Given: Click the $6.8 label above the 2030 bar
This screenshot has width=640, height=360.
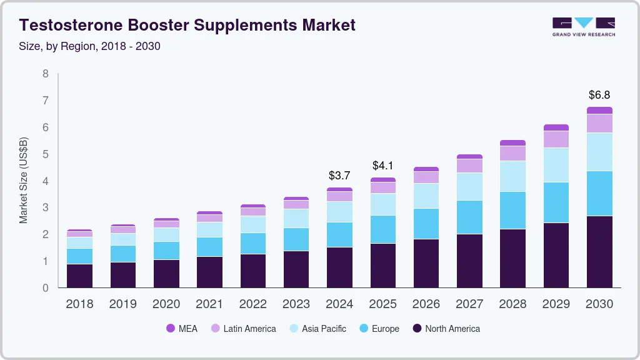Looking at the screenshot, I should [599, 95].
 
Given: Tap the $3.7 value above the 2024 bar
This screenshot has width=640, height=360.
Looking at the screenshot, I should [339, 176].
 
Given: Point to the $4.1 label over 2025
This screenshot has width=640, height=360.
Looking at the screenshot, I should [382, 166].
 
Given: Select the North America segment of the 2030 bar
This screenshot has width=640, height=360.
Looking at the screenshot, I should [599, 252].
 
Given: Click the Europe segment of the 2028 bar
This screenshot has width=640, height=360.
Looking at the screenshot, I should [512, 210].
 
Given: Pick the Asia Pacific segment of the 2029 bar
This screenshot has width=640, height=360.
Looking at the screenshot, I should [556, 165].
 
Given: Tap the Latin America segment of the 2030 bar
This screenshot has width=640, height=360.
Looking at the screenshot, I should [599, 123].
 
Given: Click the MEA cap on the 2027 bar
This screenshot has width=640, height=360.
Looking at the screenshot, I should [469, 156].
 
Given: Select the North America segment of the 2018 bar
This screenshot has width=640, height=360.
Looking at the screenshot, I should [80, 276].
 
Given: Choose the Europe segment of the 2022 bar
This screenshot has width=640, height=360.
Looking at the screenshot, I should [253, 243].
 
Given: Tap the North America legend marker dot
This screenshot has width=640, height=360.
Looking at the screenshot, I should [416, 328].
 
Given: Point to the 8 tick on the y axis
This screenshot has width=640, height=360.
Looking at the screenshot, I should [45, 74].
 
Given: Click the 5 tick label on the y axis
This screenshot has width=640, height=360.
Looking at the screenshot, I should [45, 154].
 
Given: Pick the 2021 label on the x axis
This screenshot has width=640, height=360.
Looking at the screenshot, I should [209, 304].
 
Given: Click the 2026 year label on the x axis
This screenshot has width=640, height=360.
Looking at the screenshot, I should [426, 304].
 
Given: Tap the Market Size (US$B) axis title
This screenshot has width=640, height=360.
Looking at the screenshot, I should [24, 181].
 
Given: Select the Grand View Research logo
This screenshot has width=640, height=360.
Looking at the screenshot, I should [584, 27].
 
